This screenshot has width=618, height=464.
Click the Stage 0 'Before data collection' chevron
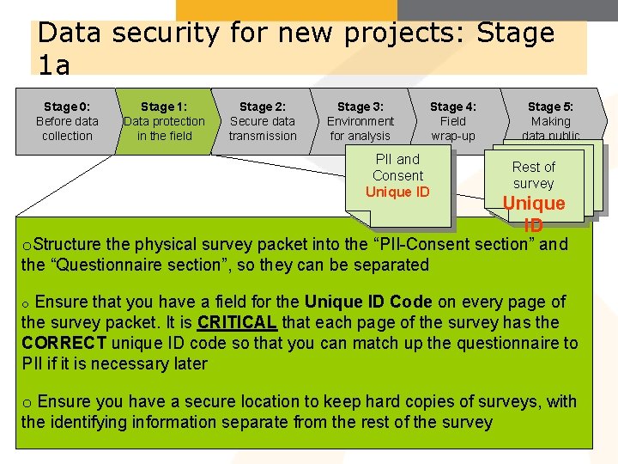point(67,121)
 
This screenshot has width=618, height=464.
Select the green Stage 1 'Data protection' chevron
point(164,121)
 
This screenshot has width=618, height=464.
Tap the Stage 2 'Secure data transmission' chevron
point(263,121)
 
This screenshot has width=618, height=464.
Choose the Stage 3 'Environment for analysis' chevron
point(360,121)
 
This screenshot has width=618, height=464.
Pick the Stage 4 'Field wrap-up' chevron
point(453,121)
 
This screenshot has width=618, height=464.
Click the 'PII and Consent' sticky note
point(397,168)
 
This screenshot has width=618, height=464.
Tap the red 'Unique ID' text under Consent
point(397,192)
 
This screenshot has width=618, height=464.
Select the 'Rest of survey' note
point(533,175)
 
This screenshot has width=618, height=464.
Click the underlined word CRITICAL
point(236,323)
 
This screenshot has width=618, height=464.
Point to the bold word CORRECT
point(64,344)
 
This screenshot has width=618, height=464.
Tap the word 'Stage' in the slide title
point(516,34)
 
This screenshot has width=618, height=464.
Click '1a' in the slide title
point(54,64)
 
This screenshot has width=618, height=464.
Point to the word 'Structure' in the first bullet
point(71,245)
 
